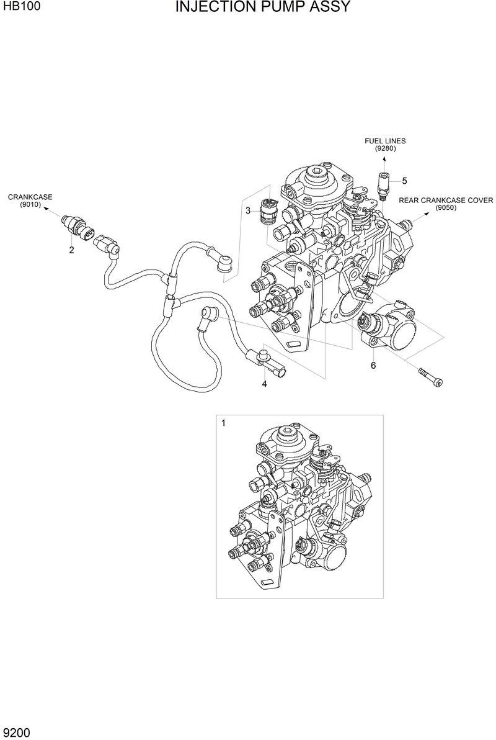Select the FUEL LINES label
click(384, 141)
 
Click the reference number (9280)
click(384, 148)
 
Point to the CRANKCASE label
click(30, 197)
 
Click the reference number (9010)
click(30, 204)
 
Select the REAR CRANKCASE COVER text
click(445, 201)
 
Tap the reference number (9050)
click(445, 208)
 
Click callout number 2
click(71, 251)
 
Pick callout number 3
click(247, 210)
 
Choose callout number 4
click(264, 384)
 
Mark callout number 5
click(404, 181)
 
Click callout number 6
click(373, 366)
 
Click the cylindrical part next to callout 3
click(268, 210)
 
